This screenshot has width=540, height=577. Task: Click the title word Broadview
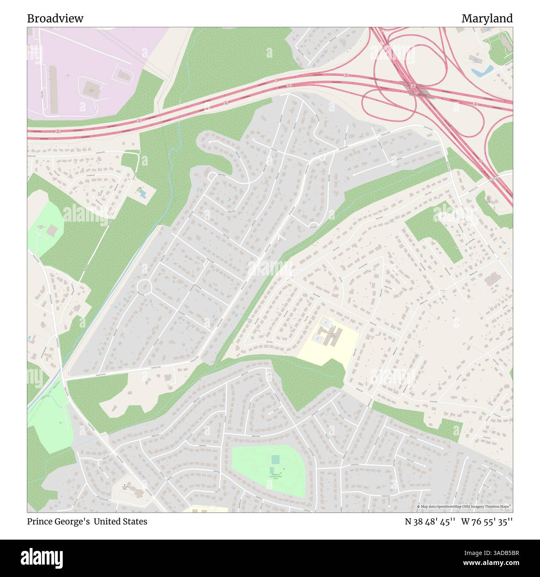click(x=55, y=19)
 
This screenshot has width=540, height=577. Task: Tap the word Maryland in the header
click(x=487, y=19)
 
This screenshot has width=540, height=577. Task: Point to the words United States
click(x=120, y=521)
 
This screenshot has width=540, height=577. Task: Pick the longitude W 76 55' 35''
click(x=487, y=521)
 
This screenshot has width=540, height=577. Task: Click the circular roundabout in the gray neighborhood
click(x=144, y=286)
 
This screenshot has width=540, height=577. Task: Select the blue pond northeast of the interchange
click(x=482, y=71)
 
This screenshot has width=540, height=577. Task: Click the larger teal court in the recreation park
click(x=275, y=460)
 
